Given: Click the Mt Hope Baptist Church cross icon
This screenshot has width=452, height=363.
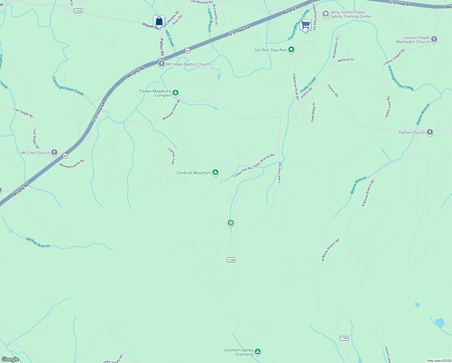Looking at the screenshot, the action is click(162, 64).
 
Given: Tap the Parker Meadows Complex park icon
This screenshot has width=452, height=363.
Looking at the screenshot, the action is click(175, 93).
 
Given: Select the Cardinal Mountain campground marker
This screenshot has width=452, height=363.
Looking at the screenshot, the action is click(215, 173).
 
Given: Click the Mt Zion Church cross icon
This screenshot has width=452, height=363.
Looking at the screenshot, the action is click(54, 152).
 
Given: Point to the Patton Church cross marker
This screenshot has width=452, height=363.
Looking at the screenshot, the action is click(430, 132).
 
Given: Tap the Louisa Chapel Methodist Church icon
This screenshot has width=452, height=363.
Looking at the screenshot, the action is click(434, 39).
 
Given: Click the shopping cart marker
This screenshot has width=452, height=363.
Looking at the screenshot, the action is click(305, 25).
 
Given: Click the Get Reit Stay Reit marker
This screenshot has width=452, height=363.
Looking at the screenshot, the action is click(291, 50).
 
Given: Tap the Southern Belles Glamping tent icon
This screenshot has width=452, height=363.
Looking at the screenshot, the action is click(257, 352).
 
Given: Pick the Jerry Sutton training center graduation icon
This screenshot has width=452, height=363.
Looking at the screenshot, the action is click(325, 14).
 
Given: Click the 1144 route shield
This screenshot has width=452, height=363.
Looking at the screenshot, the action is click(231, 260).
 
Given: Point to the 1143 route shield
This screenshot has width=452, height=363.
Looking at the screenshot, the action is click(344, 338).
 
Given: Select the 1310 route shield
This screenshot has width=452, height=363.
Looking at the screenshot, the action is click(78, 11).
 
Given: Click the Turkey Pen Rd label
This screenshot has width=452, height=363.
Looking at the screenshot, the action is click(242, 172).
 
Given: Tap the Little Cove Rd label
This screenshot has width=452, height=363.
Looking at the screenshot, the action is click(279, 172).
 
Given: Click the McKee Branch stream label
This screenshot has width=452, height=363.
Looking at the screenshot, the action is click(38, 243).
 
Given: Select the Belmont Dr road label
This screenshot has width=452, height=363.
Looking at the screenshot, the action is click(346, 60).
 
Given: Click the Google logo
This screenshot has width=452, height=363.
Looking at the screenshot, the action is click(10, 359).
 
